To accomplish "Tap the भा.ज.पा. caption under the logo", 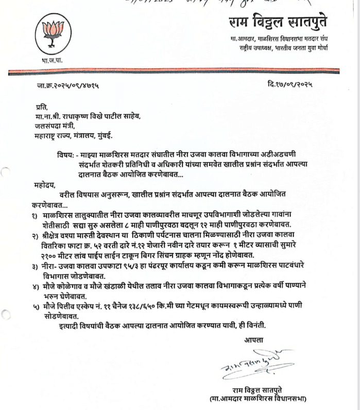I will pos(52,61).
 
